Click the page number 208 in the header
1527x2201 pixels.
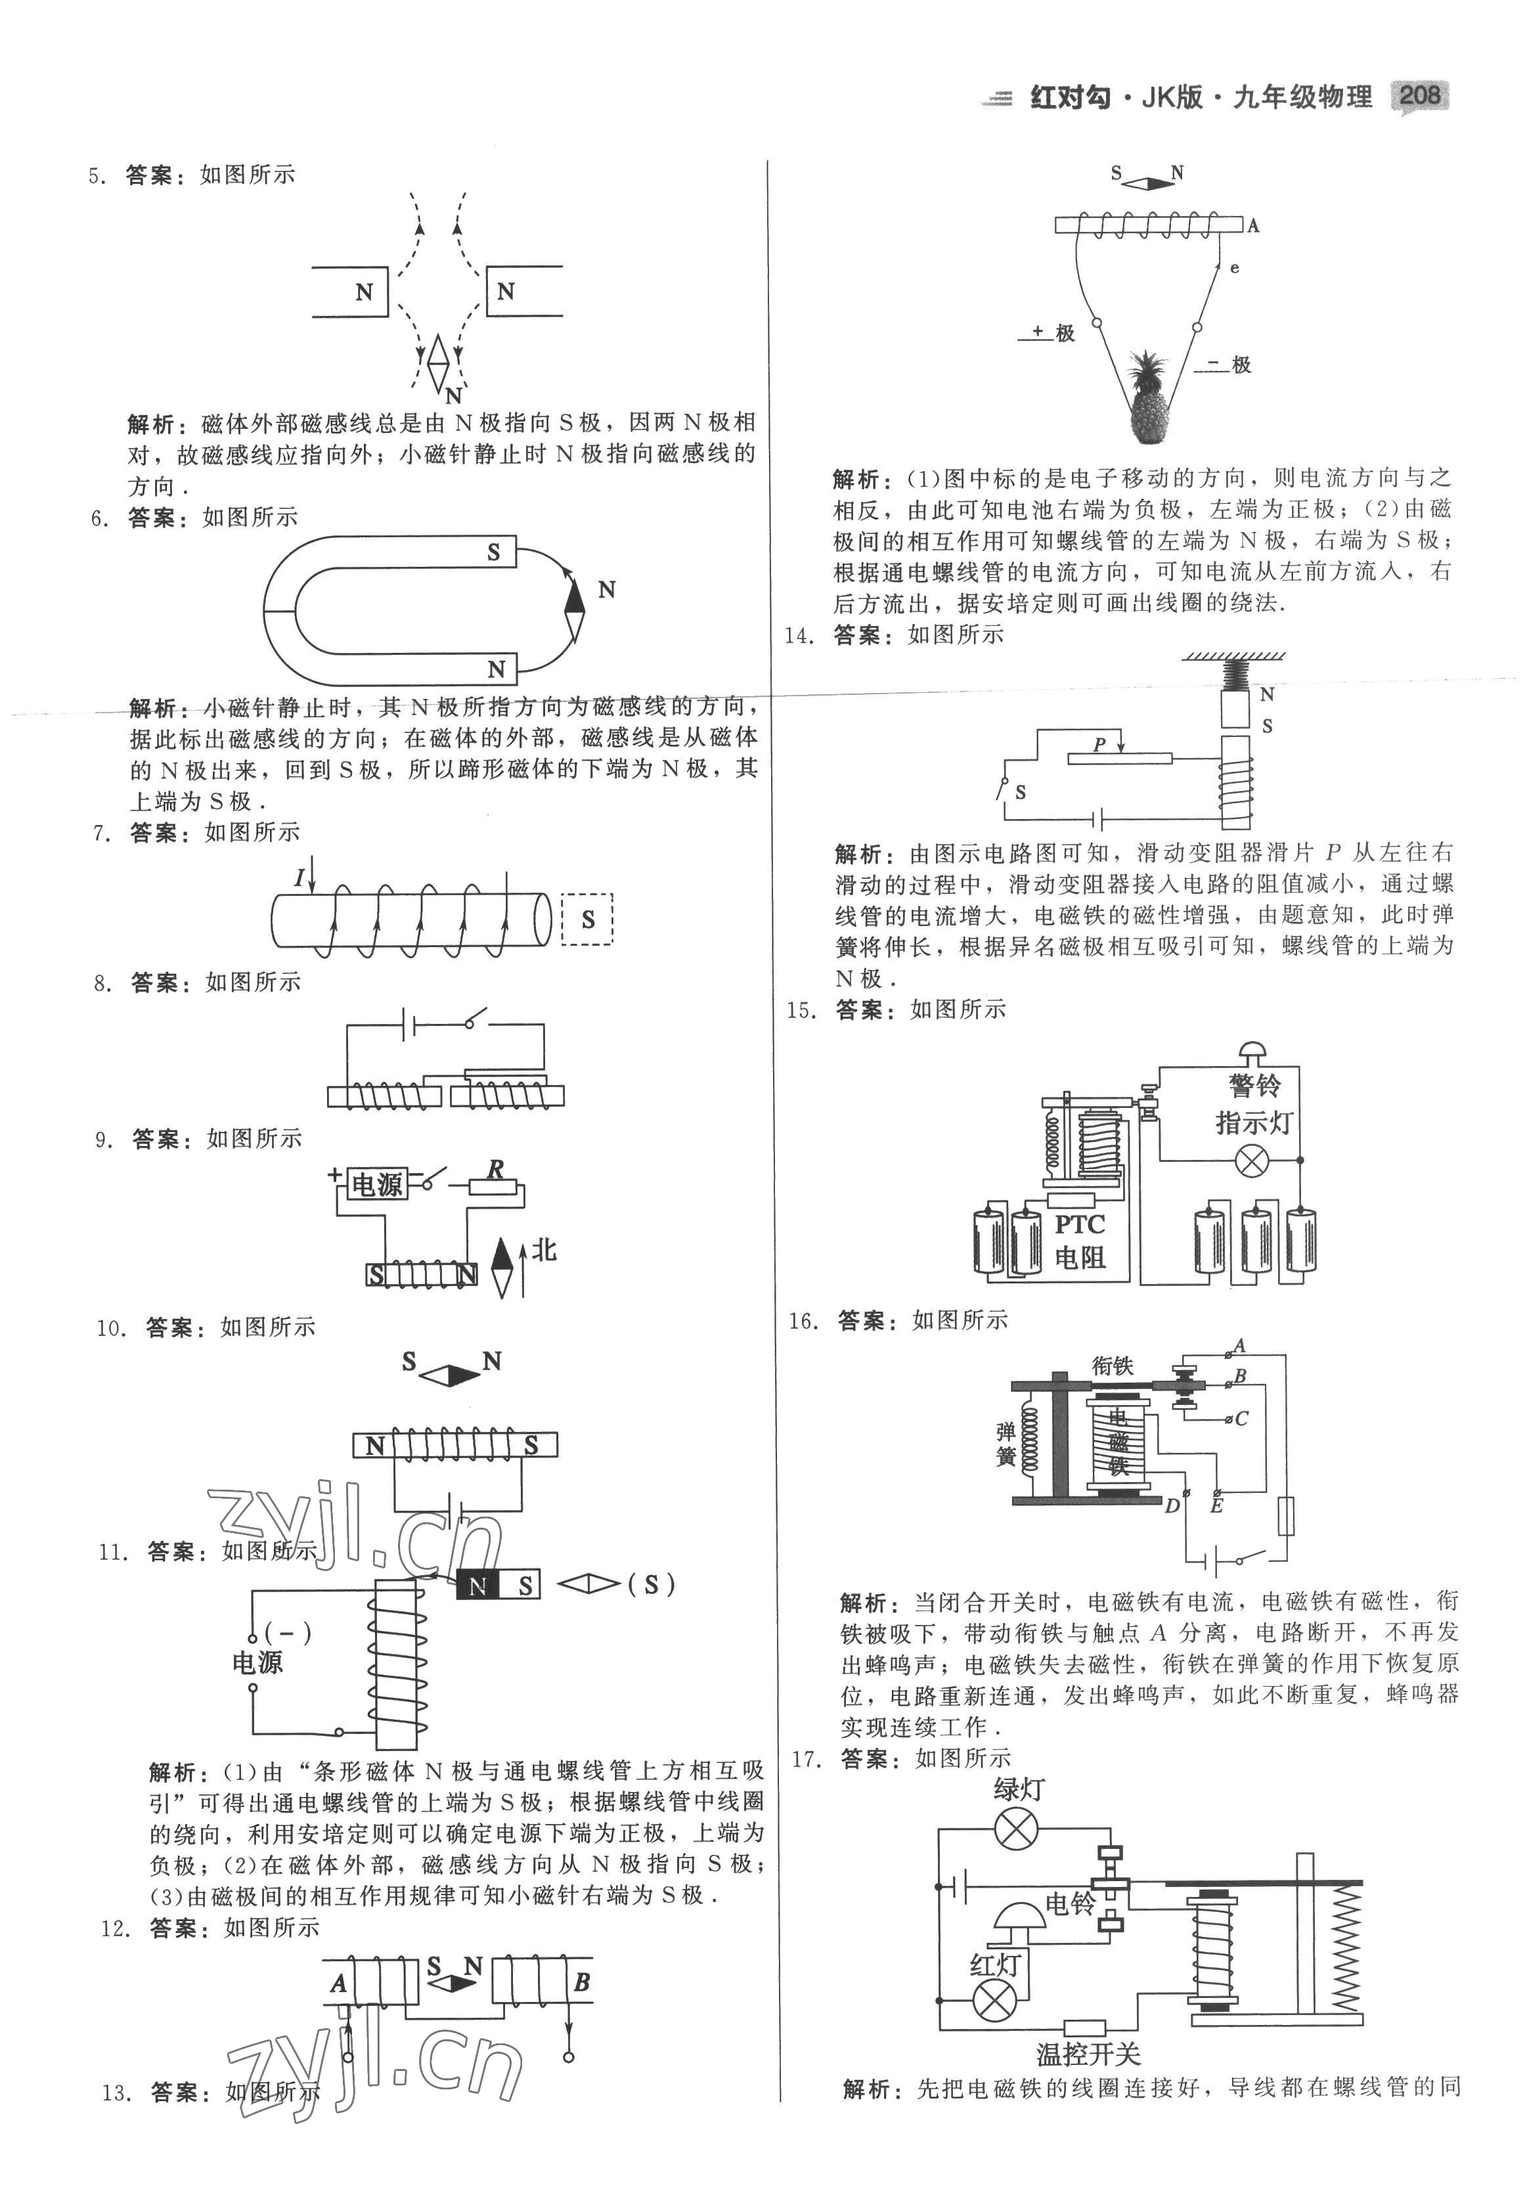pos(1420,96)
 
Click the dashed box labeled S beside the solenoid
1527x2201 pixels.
pos(586,920)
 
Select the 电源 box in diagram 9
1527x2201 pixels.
pos(377,1184)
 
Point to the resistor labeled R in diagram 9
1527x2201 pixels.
pos(495,1187)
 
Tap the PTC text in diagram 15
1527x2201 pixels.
pos(1079,1224)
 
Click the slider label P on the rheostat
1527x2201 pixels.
pos(1099,744)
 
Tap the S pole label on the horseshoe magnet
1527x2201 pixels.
pos(494,552)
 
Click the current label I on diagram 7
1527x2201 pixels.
pos(299,876)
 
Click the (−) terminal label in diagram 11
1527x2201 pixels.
pos(287,1634)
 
